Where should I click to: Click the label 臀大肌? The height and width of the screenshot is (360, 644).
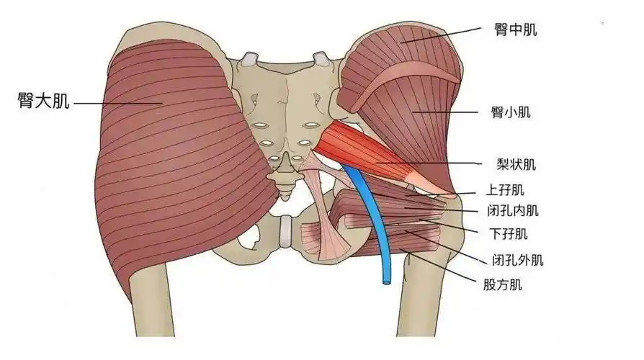click(43, 101)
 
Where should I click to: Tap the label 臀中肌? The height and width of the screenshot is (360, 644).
click(516, 30)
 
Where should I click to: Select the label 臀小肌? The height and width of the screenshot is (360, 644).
click(511, 112)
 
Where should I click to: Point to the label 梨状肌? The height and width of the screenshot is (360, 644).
click(516, 164)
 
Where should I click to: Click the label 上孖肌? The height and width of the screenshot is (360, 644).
click(505, 190)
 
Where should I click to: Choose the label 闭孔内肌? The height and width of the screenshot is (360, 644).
click(513, 211)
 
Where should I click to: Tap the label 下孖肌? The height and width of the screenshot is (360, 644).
click(509, 234)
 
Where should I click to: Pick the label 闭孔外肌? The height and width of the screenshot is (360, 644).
click(517, 260)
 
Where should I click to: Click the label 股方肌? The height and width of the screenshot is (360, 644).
click(502, 284)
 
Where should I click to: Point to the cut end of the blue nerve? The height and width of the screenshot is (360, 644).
click(386, 282)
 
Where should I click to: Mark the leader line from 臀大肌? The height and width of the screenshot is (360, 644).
click(118, 103)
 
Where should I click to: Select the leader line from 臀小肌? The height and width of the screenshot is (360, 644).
click(445, 112)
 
